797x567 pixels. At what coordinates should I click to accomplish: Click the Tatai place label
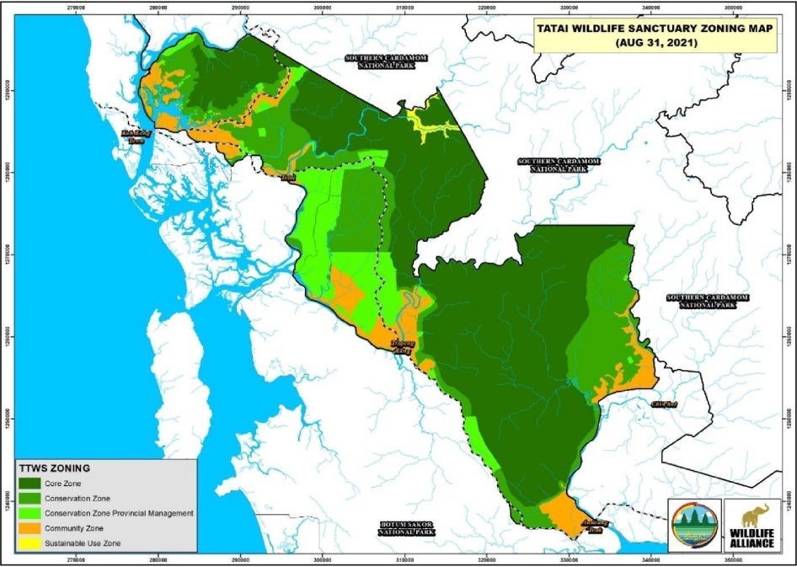(x=289, y=178)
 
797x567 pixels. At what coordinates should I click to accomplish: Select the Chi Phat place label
(x=663, y=404)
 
